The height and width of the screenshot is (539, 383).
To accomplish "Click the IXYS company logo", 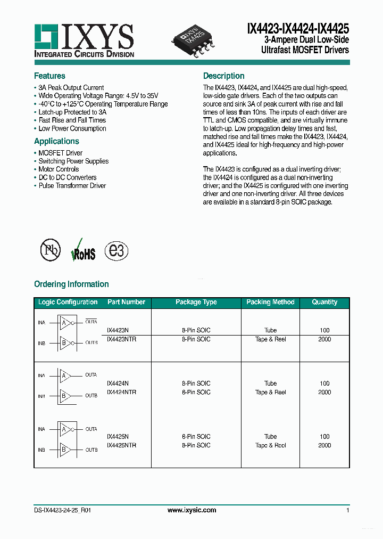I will (x=84, y=40).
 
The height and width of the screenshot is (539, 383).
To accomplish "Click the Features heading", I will (x=49, y=76).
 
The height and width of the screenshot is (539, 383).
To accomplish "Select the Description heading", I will (x=223, y=76).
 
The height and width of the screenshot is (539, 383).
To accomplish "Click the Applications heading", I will (x=56, y=141).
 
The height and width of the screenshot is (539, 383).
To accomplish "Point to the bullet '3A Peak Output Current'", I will (x=71, y=88).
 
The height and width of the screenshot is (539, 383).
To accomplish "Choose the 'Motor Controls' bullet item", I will (x=59, y=169).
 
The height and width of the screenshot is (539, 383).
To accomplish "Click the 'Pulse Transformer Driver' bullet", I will (x=72, y=186).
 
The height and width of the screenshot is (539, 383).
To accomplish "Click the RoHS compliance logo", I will (x=83, y=251).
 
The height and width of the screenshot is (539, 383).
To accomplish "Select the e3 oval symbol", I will (x=116, y=250).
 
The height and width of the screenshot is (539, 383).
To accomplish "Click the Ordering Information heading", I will (x=71, y=284).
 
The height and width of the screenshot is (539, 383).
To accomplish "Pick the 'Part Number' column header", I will (x=126, y=302).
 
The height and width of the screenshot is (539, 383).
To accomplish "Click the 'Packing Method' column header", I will (x=270, y=302).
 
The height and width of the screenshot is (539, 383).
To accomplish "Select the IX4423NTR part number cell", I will (x=121, y=339).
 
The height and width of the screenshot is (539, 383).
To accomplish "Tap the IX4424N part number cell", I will (x=118, y=383).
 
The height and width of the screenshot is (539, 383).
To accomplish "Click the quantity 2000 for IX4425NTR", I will (x=324, y=445).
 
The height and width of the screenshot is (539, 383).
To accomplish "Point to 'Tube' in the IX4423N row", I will (x=270, y=330).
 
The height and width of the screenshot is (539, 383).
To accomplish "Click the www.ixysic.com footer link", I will (x=191, y=510).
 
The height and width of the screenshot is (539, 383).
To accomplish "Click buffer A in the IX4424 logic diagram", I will (x=64, y=375).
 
